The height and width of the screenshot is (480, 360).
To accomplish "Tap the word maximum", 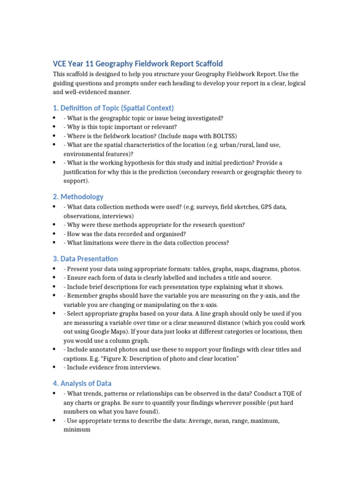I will pos(263,421).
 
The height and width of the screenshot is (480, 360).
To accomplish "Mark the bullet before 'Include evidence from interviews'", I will pos(55,367).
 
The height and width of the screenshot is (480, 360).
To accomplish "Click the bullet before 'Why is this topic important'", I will pos(55,127).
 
